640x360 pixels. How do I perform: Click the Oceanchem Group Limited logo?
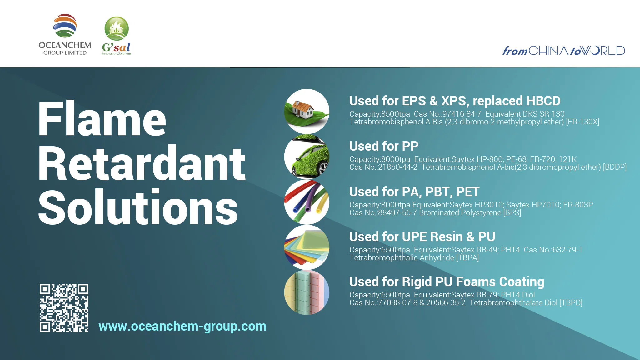pos(65,35)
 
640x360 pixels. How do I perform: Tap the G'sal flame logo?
pos(117,35)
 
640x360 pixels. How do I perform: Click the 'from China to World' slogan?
pos(563,51)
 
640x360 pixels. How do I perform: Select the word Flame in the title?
pos(102,119)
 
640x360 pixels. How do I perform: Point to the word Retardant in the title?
pos(142,163)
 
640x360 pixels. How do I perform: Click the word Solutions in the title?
pos(138,207)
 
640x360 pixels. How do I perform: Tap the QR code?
pos(64,308)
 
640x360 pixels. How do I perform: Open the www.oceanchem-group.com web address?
pos(182,326)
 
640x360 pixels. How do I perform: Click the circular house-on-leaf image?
pos(307,111)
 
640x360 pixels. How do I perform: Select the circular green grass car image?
pos(307,157)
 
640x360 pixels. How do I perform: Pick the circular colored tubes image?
pos(307,202)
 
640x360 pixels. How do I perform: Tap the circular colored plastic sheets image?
pos(307,247)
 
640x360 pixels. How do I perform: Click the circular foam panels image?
pos(307,292)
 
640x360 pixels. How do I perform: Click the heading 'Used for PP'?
pos(384,146)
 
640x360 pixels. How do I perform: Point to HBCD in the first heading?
pos(543,101)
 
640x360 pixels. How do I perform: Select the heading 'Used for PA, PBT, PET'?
pos(414,192)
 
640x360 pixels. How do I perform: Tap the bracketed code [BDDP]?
pos(614,167)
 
